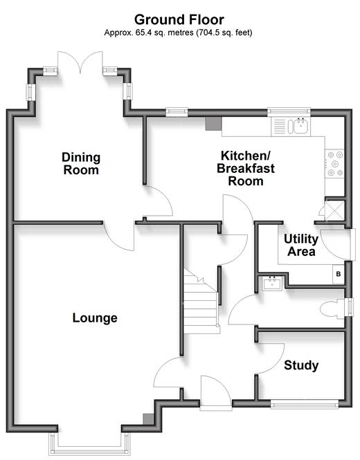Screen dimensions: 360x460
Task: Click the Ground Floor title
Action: coord(179,20)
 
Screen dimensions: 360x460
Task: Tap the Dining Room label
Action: coord(81,164)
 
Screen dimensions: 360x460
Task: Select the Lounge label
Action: coord(95,318)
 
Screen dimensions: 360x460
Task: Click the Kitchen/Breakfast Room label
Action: coord(246,168)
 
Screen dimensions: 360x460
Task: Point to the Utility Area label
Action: coord(301,246)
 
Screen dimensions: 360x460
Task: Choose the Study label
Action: coord(301,365)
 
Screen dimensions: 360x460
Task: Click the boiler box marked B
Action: coord(339,274)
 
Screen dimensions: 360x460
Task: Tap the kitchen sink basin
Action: coord(300,127)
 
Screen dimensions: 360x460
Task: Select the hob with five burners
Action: coord(334,164)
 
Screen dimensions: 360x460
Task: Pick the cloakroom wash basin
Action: coord(272,284)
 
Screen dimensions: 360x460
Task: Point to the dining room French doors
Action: coord(80,62)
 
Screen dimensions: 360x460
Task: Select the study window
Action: coord(304,405)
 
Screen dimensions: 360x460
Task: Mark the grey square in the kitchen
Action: coord(213,124)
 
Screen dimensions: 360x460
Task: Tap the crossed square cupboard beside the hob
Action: coord(334,210)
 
